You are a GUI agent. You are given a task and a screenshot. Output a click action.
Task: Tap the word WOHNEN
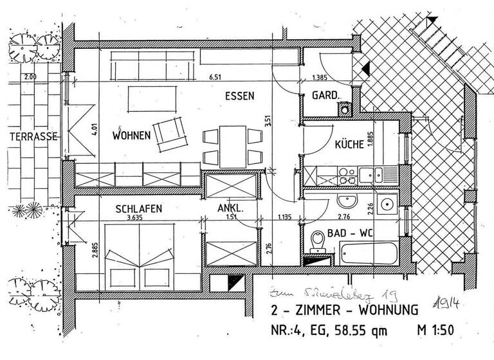[x=131, y=136]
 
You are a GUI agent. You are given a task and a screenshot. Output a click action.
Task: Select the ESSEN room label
[x=239, y=96]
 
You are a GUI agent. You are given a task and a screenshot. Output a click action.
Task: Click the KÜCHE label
[x=349, y=145]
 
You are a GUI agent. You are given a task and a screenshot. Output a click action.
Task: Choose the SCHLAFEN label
[x=138, y=209]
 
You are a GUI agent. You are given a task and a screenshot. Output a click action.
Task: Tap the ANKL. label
[x=230, y=208]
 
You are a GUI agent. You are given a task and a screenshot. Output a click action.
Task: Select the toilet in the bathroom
[x=316, y=241]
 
